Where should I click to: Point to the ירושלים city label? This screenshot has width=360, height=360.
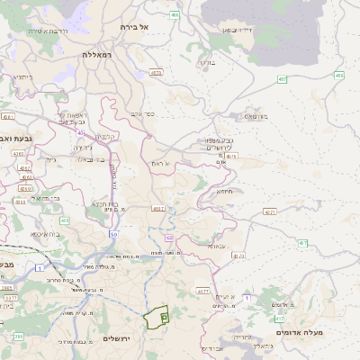click(x=117, y=338)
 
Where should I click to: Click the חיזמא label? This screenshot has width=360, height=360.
click(x=224, y=191)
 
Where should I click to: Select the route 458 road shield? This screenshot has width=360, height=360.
click(x=338, y=76)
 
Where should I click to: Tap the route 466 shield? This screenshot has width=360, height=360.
click(x=174, y=15)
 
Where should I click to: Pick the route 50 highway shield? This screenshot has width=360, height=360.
click(x=113, y=234)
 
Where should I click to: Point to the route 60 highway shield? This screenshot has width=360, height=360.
click(x=169, y=238)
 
